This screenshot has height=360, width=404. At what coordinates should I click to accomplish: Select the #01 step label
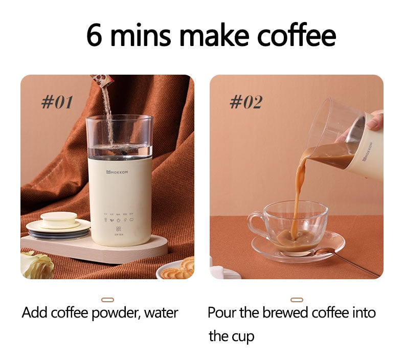click(x=57, y=102)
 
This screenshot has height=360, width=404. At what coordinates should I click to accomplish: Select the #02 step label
click(x=245, y=102)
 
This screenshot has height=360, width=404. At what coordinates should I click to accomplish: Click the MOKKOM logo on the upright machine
click(x=118, y=172)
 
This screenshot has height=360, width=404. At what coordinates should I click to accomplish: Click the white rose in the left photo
click(x=37, y=265)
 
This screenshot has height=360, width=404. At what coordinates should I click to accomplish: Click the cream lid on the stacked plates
click(x=58, y=219)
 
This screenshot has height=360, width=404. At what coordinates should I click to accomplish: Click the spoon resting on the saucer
click(x=338, y=258)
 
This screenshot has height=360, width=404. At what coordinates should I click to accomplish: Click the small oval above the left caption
click(x=108, y=300)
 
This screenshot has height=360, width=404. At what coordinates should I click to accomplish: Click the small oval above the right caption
click(x=297, y=300)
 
